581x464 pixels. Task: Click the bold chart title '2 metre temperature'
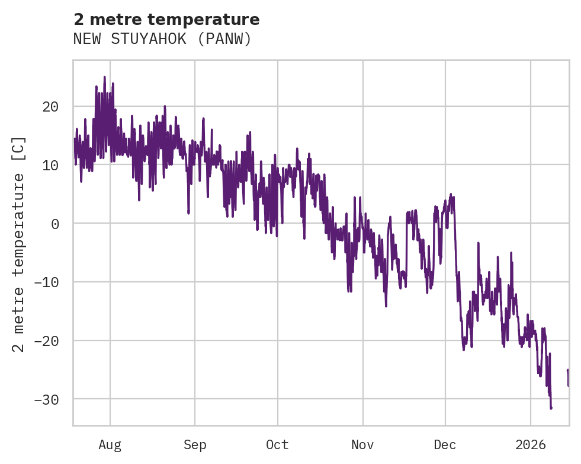click(x=166, y=20)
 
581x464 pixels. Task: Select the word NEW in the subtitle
click(x=86, y=39)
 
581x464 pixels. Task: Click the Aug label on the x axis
click(x=110, y=445)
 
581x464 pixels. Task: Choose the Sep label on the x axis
click(x=194, y=445)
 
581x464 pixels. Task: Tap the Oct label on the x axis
click(x=277, y=445)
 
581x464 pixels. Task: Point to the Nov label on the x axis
click(x=362, y=445)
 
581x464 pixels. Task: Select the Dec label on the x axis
click(x=445, y=445)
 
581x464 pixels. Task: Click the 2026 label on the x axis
click(x=531, y=445)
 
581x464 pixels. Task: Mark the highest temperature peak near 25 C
click(x=104, y=77)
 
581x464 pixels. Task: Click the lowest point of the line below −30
click(x=551, y=408)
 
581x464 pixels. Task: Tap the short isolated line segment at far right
click(x=568, y=378)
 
